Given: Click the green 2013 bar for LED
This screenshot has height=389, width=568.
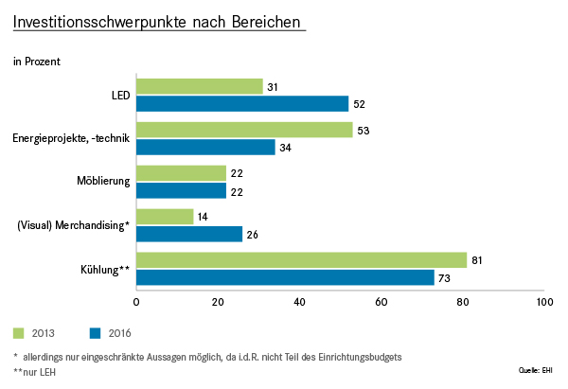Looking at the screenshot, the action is coord(200,86).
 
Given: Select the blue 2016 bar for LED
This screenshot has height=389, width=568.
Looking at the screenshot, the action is coord(242,103).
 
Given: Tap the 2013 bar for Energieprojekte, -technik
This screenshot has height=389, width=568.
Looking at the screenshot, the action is coord(244,130).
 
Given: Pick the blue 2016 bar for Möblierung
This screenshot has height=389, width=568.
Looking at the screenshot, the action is coord(181,190).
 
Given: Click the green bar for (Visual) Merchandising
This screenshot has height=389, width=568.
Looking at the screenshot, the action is coord(165,217).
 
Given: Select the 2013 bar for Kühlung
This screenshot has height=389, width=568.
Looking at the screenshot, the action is coord(302,260).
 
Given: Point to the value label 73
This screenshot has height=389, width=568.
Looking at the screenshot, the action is coord(444,278).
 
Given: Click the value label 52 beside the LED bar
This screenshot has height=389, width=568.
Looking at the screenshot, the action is coord(359,104).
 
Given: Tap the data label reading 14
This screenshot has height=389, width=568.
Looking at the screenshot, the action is coord(203,217).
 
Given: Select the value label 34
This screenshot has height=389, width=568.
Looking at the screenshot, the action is coord(286,148).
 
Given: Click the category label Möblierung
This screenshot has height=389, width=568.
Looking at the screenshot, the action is coord(103,181).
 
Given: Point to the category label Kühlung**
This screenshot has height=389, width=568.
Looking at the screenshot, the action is coord(105,270).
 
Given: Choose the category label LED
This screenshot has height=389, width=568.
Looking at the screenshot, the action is coord(120,96).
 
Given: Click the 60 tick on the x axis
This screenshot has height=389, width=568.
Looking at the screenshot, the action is coord(382,302).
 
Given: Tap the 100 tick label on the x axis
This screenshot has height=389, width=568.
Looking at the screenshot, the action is coord(545,302).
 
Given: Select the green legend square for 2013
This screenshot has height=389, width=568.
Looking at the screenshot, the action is coord(19,333).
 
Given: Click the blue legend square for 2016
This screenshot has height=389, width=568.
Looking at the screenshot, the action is coord(95,333).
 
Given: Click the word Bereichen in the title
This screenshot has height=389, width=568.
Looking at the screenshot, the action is coord(266,22).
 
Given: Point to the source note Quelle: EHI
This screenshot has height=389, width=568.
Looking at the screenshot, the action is coord(536,370).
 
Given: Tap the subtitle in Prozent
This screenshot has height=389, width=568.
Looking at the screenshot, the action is coord(37,62).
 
